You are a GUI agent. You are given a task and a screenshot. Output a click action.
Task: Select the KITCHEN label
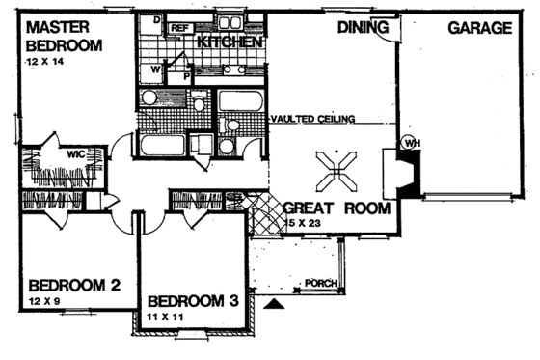230,43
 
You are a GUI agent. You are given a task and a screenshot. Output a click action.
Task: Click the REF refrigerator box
179,29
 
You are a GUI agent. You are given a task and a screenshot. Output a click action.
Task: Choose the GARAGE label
479,28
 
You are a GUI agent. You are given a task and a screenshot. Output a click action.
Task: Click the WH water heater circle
411,143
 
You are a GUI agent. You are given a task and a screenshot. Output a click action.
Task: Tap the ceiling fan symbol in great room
337,171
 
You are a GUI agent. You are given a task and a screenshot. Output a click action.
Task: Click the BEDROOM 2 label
73,286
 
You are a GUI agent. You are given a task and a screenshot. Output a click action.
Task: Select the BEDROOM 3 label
193,300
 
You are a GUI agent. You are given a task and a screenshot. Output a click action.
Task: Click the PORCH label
318,284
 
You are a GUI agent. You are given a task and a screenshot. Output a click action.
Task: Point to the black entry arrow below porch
275,303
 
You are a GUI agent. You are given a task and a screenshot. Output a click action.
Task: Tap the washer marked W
154,69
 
